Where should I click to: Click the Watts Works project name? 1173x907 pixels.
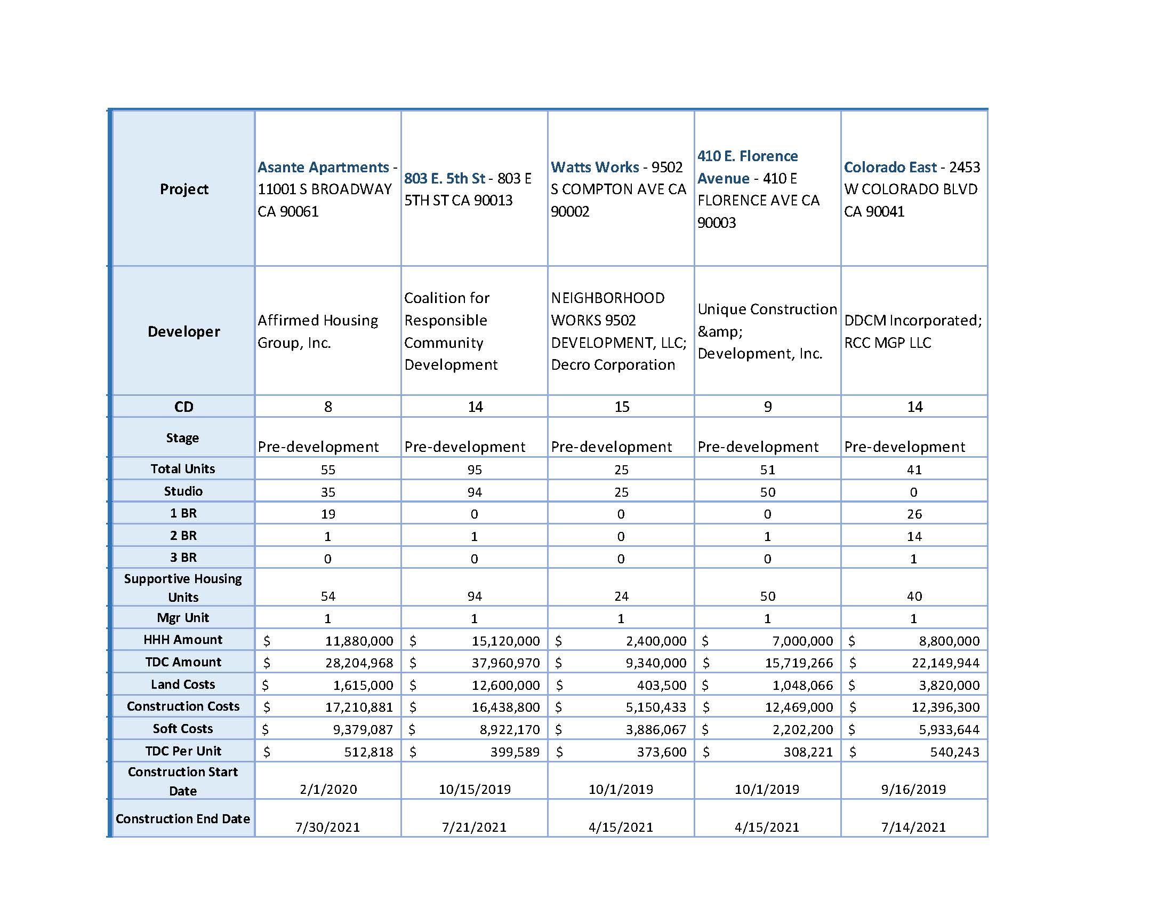coord(594,167)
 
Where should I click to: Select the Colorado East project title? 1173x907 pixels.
coord(889,167)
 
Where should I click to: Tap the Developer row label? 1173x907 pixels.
coord(184,331)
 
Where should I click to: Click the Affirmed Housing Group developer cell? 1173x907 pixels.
coord(317,331)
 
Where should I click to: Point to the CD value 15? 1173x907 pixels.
coord(621,407)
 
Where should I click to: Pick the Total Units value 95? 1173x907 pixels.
coord(474,470)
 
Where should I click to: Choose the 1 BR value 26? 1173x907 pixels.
coord(914,514)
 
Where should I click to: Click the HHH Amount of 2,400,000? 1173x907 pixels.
coord(656,641)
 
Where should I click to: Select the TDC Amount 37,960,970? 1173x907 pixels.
coord(505,663)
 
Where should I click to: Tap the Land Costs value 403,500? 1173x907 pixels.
coord(663,686)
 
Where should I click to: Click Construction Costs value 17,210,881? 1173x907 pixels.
coord(359,707)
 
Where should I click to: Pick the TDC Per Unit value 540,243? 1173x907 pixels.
coord(954,752)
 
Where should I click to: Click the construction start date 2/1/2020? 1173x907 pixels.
coord(328,789)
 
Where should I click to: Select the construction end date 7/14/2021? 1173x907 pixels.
coord(913,827)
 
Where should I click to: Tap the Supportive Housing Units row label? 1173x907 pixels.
coord(183,588)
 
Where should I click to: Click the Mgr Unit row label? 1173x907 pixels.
coord(183,618)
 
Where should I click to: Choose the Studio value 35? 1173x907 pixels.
coord(328,492)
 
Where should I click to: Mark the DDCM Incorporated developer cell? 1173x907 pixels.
coord(912,331)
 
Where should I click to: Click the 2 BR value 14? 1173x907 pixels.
coord(914,537)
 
